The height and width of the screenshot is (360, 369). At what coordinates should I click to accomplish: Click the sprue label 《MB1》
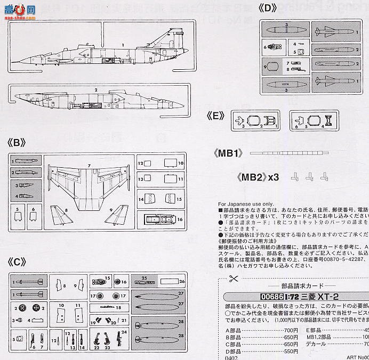230,153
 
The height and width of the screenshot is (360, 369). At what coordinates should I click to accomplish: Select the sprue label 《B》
17,143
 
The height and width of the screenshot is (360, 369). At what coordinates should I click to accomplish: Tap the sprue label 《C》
17,261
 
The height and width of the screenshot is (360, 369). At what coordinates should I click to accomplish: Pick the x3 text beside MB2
273,177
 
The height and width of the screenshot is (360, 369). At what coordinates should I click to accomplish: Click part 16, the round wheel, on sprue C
117,281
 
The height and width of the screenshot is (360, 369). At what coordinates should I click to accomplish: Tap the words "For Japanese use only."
245,204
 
